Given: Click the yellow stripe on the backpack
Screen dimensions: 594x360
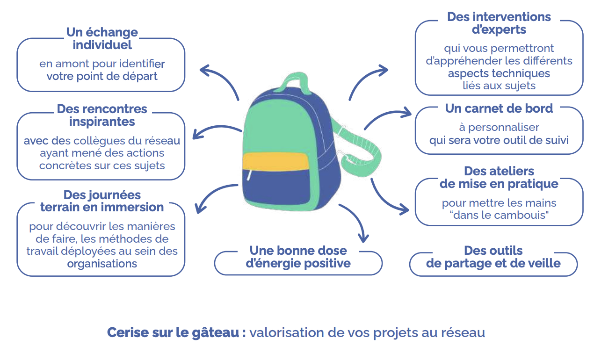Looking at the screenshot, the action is (x=276, y=162).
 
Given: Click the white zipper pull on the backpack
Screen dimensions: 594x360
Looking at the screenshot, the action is (x=249, y=175).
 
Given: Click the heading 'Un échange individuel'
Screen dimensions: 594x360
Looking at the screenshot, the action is (x=102, y=38).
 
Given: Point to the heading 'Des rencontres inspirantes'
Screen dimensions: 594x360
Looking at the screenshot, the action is (x=102, y=115).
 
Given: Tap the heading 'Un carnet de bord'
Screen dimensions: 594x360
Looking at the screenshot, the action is (x=499, y=108).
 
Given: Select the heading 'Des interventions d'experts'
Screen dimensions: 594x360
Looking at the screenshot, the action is (x=499, y=23).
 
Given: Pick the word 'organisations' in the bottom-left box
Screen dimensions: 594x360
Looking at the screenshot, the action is (x=102, y=264).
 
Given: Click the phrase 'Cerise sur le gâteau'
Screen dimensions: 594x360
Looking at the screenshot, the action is (x=173, y=333).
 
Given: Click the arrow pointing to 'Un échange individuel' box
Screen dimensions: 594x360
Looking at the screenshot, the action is (x=222, y=76).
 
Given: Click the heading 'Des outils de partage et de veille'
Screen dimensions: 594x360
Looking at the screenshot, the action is (x=493, y=257).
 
